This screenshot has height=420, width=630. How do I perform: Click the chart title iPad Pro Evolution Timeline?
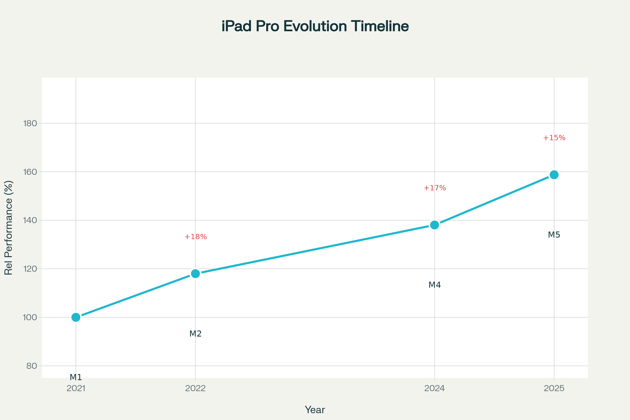[x=315, y=26]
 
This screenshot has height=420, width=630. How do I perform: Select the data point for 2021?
[x=76, y=317]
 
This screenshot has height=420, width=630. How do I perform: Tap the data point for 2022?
[x=196, y=274]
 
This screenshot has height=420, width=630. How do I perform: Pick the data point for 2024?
[x=434, y=225]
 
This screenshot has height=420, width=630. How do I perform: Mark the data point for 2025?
[x=554, y=175]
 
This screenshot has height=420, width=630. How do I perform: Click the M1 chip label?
[x=76, y=377]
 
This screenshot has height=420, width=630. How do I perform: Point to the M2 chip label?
[x=196, y=334]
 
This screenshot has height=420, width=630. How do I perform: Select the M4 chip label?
[x=434, y=285]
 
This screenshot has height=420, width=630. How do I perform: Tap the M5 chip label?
[x=554, y=235]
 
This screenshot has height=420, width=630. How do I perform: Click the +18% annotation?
[x=196, y=237]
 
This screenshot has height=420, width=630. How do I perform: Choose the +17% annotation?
[x=434, y=188]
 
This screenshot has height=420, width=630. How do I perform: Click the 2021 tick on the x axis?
[x=76, y=388]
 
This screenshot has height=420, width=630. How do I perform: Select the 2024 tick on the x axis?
[x=434, y=388]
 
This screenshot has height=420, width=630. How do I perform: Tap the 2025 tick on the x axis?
[x=554, y=388]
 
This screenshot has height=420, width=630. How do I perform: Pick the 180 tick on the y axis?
[x=30, y=123]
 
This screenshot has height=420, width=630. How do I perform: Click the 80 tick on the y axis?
[x=31, y=366]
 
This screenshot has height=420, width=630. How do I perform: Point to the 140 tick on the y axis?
[x=30, y=220]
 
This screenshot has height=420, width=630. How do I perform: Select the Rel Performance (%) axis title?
[x=9, y=228]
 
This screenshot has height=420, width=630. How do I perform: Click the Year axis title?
[x=315, y=410]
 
